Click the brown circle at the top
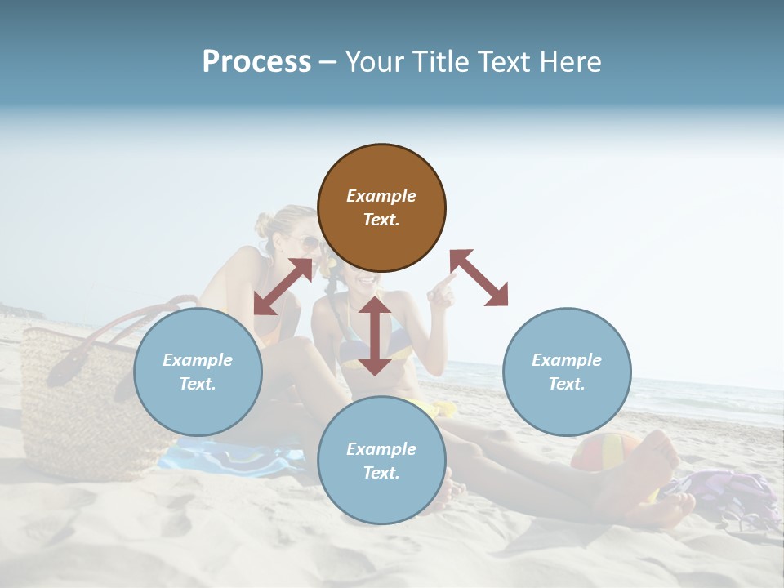381,208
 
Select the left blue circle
198,372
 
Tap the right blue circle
567,372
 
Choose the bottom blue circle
381,461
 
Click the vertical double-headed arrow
375,336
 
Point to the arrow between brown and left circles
283,286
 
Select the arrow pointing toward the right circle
479,278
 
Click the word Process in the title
256,62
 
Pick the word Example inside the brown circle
381,196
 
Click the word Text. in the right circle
567,384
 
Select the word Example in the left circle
198,360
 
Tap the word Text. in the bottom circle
381,473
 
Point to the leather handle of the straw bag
90,343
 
